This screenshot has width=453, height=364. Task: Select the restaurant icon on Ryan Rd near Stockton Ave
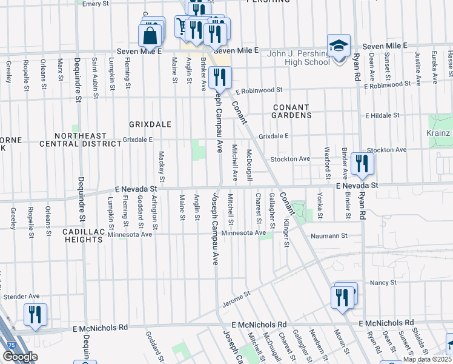click(x=362, y=163)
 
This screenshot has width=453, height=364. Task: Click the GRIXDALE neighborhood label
click(x=150, y=124)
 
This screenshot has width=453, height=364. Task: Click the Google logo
click(x=19, y=357)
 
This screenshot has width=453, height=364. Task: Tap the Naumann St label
click(x=329, y=235)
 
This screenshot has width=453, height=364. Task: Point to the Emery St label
click(x=95, y=4)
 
